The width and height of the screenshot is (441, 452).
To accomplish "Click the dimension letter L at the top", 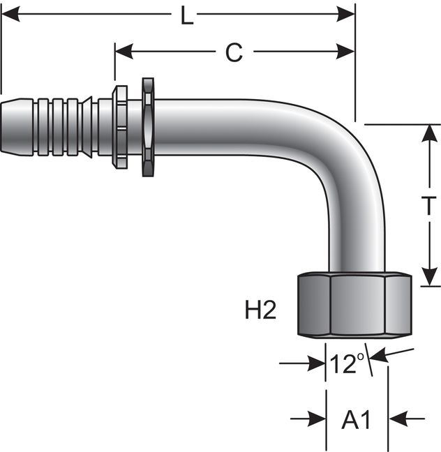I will coord(186,15).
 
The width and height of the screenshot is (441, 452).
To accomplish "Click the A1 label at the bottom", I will coord(356,420).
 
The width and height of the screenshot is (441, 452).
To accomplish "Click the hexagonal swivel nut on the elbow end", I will coord(354,306).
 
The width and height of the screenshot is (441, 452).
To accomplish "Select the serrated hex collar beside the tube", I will coord(148,126).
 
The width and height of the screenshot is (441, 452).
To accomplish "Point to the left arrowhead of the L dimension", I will coord(8,13).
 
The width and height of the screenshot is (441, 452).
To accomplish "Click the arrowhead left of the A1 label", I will coord(319,419).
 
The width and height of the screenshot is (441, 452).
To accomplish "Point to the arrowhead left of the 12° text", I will coord(318,363).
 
